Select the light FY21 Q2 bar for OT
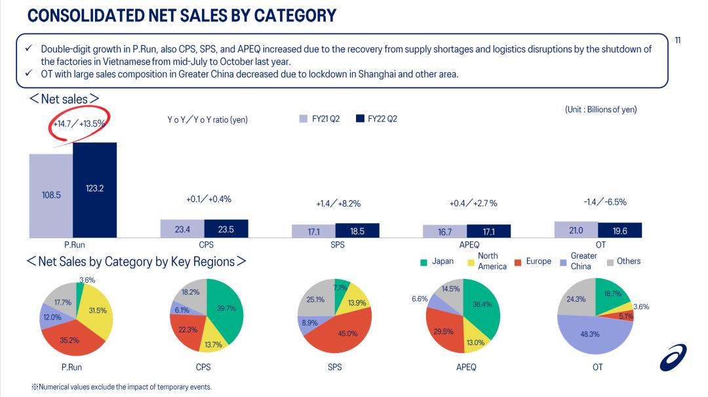[x=576, y=229]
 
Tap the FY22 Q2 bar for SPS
[x=357, y=230]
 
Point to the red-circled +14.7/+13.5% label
[x=79, y=123]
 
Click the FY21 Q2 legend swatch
[x=304, y=119]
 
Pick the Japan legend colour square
[x=423, y=262]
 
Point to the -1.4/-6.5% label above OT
[x=604, y=202]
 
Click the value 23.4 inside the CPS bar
[x=182, y=229]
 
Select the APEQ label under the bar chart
[x=469, y=245]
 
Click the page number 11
[x=677, y=41]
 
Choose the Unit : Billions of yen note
[x=600, y=110]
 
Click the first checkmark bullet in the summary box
[x=29, y=49]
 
